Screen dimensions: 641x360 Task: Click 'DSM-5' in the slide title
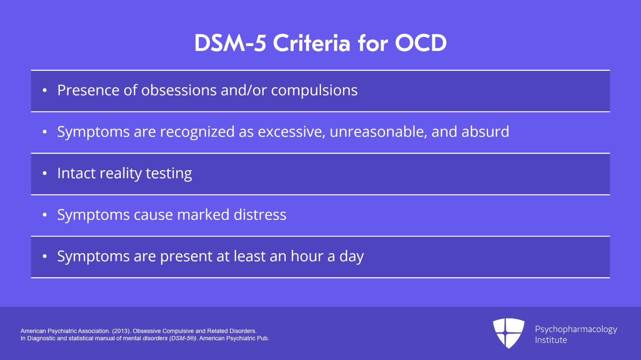[230, 43]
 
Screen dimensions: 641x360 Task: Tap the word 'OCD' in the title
[421, 43]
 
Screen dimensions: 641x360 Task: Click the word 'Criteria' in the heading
[311, 43]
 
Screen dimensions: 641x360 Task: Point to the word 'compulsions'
[314, 91]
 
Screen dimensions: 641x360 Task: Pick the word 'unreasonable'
[378, 132]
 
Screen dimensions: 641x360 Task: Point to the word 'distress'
[260, 215]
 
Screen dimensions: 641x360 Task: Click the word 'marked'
[203, 215]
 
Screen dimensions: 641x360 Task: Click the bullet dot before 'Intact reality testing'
[44, 173]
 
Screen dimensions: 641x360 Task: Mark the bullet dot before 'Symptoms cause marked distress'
[44, 215]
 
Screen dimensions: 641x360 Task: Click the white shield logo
[508, 333]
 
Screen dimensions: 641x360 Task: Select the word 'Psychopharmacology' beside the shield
[576, 330]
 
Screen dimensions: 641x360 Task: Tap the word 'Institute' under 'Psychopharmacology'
[551, 340]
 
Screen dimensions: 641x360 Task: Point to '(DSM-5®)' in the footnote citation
[183, 338]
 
